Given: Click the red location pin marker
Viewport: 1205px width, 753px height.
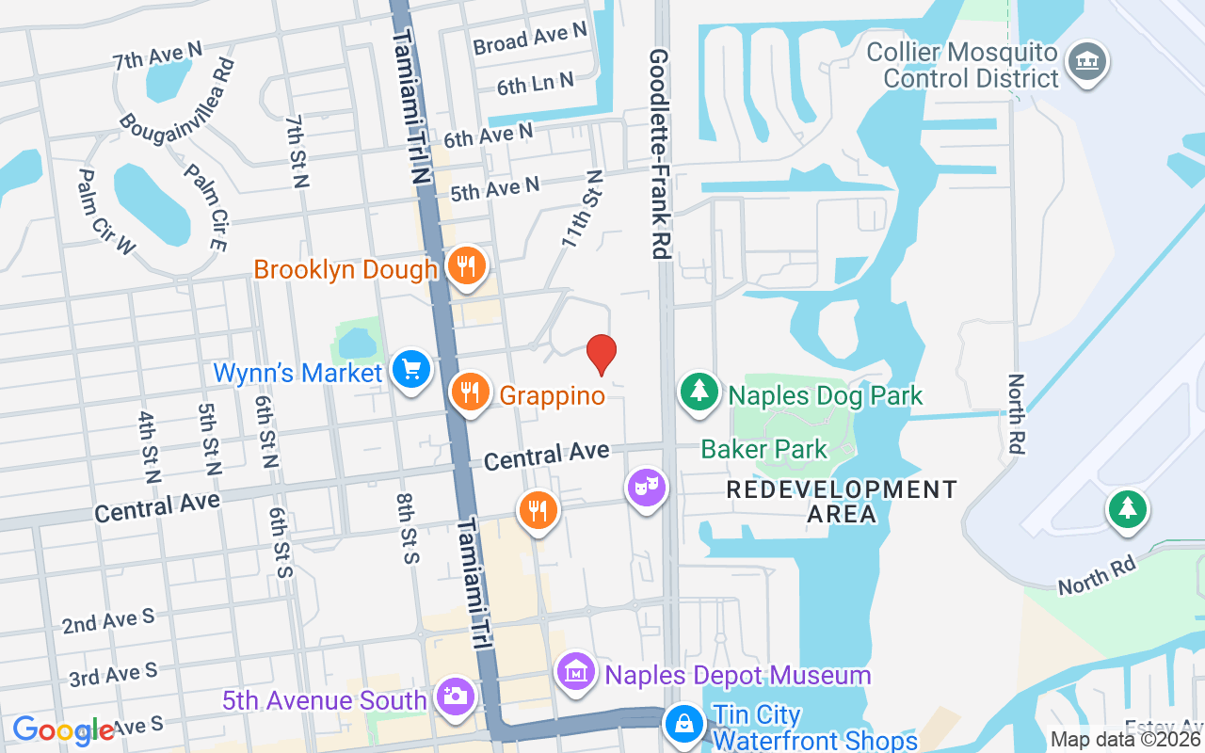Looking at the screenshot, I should (x=601, y=354).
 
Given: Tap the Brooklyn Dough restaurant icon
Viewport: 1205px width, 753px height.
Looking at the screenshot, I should (x=466, y=265).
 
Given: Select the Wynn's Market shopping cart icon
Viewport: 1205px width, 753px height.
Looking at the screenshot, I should (x=411, y=369).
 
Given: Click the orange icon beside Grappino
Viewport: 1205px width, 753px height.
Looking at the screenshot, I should (x=470, y=392).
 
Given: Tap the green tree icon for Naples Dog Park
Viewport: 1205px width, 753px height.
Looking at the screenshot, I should (x=699, y=391).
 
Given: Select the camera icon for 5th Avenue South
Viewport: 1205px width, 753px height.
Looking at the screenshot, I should (x=456, y=697).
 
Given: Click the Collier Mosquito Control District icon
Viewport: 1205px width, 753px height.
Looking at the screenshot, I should (x=1087, y=61).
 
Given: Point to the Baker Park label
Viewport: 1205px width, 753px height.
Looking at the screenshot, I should (x=763, y=449).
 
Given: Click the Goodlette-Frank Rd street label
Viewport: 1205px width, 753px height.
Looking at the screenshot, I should (x=658, y=154).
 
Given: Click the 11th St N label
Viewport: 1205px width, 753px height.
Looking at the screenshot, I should (x=582, y=209).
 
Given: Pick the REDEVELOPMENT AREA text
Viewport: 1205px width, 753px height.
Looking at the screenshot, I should (x=842, y=502).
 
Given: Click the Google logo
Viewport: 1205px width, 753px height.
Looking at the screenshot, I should (x=63, y=730).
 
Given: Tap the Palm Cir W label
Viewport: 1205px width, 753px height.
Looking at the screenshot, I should (x=106, y=212).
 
